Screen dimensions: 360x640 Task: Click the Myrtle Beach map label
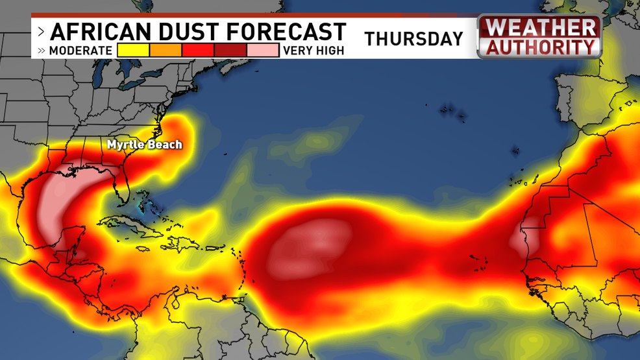tap(145, 145)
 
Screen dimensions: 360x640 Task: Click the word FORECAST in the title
tap(284, 32)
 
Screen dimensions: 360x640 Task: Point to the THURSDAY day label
tap(413, 39)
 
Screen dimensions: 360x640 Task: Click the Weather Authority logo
tap(539, 37)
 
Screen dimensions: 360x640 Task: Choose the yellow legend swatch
tap(133, 50)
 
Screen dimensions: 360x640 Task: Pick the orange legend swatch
tap(166, 50)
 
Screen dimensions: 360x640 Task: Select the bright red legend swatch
tap(198, 50)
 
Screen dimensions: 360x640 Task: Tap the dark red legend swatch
tap(230, 50)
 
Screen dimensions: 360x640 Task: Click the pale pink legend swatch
tap(263, 50)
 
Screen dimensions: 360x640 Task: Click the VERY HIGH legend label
tap(313, 51)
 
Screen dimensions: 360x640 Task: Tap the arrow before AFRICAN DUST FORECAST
tap(41, 32)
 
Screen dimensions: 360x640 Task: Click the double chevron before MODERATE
tap(41, 51)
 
